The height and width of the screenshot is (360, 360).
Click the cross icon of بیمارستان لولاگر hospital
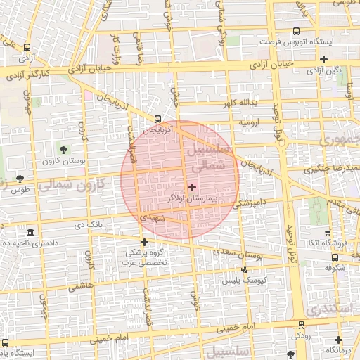[192, 187]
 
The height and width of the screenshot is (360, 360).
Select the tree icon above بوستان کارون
[64, 149]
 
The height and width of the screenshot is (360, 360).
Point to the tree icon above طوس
[19, 179]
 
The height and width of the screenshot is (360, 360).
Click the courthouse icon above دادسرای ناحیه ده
[30, 233]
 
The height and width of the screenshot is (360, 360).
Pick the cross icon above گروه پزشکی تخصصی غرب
[145, 242]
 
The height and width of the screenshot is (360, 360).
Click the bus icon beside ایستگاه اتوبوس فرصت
[296, 32]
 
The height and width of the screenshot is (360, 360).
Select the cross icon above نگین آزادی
[323, 60]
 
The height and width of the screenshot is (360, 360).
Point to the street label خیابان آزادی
[89, 67]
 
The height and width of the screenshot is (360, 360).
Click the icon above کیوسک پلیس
[245, 269]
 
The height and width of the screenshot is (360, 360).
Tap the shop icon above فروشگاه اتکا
[328, 233]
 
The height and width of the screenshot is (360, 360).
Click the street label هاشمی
[79, 287]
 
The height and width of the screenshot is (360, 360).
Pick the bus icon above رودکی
[302, 324]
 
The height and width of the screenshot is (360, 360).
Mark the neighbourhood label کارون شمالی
[71, 186]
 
